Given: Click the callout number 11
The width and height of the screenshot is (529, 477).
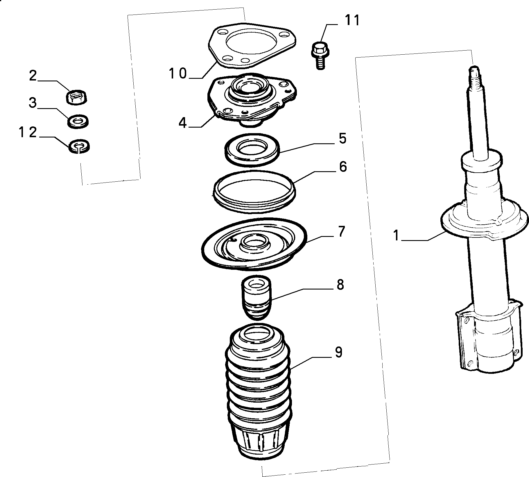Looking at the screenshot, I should tap(352, 21).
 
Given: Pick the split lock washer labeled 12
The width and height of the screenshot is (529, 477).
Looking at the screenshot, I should tap(79, 146).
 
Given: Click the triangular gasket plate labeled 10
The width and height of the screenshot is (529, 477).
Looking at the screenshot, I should tap(252, 45).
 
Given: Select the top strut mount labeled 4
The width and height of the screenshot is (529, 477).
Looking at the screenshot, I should tap(251, 99).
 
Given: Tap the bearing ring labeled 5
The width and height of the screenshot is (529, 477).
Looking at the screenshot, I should tap(252, 150).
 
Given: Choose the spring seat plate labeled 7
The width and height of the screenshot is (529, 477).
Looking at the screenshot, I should tap(254, 244).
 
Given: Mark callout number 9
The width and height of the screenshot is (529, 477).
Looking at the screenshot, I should tap(338, 352).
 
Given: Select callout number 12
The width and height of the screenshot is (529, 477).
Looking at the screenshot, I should tap(28, 133).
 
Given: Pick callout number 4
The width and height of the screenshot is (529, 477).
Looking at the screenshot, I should tap(182, 123).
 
